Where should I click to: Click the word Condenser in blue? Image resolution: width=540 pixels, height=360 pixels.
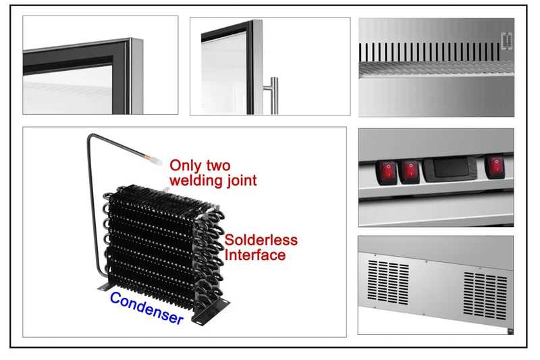(146, 308)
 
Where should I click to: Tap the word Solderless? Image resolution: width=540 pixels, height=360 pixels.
(261, 240)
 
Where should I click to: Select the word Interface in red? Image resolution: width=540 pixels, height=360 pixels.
(255, 255)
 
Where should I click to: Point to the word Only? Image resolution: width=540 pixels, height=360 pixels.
(185, 166)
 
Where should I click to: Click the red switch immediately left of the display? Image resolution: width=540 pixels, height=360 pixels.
(410, 171)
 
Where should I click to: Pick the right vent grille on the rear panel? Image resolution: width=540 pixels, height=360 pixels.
(485, 295)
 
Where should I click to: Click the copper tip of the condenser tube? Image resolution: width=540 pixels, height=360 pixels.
(148, 157)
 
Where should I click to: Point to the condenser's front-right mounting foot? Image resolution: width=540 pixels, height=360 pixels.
(211, 312)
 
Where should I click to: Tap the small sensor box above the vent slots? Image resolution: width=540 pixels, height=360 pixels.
(507, 41)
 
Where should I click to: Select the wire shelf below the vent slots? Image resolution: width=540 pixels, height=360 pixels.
(436, 69)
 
